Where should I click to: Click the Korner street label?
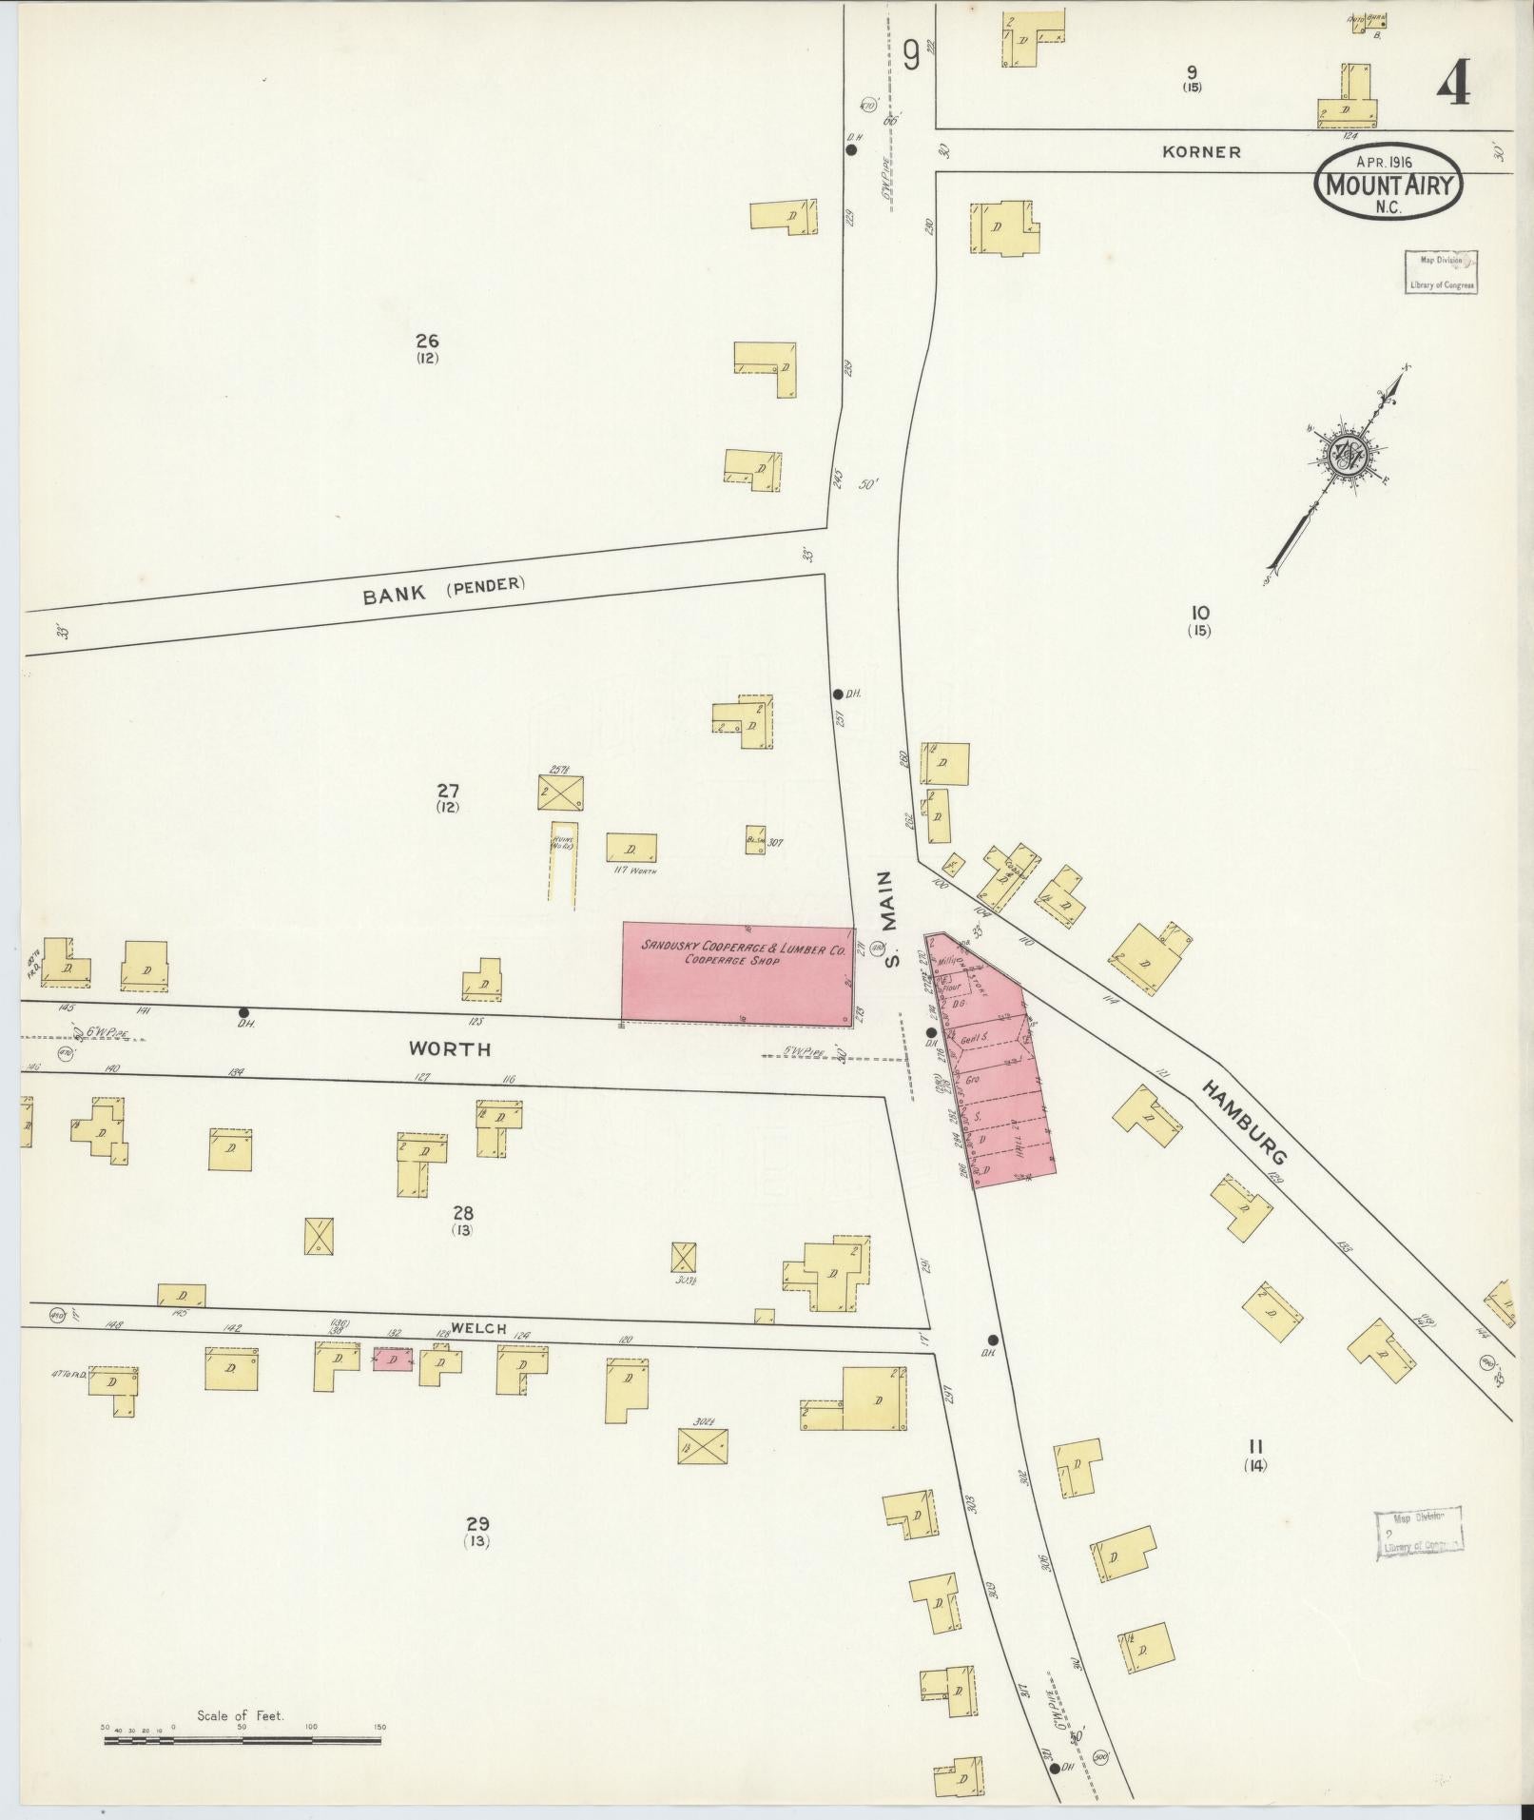tap(1201, 151)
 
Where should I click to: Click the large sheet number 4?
tap(1452, 83)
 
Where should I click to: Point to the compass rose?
tap(1350, 456)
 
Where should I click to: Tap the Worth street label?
tap(450, 1049)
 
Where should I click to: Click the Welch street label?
tap(479, 1329)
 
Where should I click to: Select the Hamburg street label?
tap(1245, 1122)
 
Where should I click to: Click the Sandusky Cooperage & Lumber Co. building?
tap(738, 972)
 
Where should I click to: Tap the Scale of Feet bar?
tap(242, 1740)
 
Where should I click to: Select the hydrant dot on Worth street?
tap(243, 1013)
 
